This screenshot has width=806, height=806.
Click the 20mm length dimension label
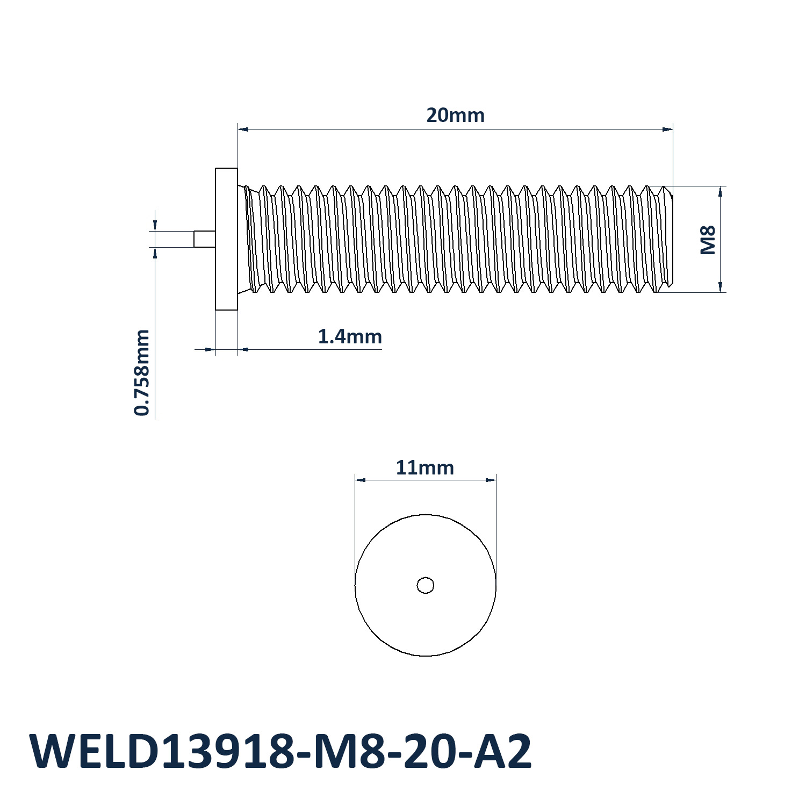tap(455, 115)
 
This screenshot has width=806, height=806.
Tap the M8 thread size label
tap(708, 240)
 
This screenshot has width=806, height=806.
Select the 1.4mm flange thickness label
tap(350, 336)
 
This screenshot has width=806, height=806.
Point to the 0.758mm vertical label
tap(142, 372)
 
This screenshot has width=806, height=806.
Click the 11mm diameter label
tap(424, 467)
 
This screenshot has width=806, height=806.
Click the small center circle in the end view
tap(426, 585)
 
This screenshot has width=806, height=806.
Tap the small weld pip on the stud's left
tap(205, 239)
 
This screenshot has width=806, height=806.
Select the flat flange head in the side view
tap(226, 239)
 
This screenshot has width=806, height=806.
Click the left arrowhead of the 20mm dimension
tap(243, 129)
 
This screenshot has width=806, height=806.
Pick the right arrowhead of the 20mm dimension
tap(667, 129)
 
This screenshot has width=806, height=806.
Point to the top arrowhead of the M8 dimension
tap(720, 192)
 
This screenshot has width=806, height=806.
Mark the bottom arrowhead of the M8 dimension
tap(720, 286)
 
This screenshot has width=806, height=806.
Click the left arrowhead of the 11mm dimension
tap(360, 480)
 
